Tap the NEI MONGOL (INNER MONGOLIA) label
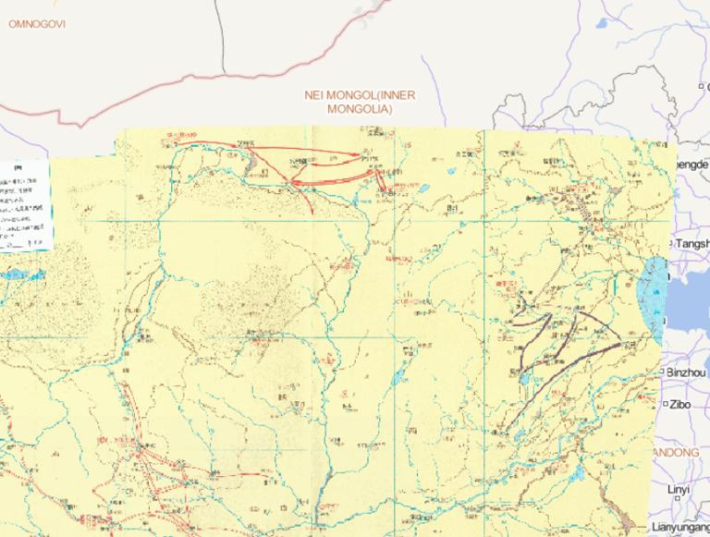(x=360, y=102)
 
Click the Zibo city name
(x=680, y=404)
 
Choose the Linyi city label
(x=679, y=489)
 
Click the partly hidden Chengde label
(x=692, y=165)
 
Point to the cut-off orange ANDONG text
(x=677, y=453)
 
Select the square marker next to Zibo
(x=666, y=404)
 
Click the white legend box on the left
(x=24, y=204)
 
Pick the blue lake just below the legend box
(x=22, y=275)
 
